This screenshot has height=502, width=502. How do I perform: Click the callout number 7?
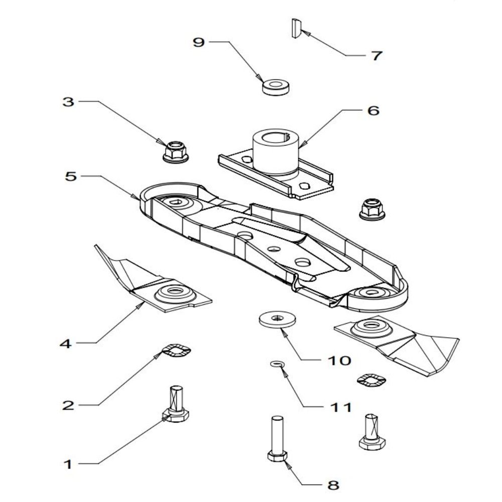coord(376,56)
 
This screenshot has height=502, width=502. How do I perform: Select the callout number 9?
coord(199,43)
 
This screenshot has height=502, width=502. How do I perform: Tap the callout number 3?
coord(68,102)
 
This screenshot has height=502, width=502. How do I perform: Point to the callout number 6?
coord(373,110)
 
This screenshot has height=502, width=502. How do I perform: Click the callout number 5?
coord(70,176)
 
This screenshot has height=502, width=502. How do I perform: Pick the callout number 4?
coord(66,344)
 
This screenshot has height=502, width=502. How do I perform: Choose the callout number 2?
coord(68,405)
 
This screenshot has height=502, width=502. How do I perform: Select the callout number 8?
coord(332,485)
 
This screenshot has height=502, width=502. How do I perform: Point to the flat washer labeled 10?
coord(277,319)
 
